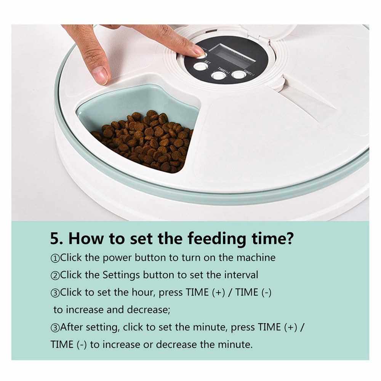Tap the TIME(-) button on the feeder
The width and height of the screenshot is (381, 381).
click(239, 74)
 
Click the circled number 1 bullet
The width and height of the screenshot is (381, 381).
click(55, 258)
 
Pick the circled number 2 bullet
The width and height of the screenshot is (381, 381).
click(55, 275)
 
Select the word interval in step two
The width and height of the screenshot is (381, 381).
click(241, 275)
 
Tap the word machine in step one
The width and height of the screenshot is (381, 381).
click(256, 258)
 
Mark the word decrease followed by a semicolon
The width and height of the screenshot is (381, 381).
click(149, 310)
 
